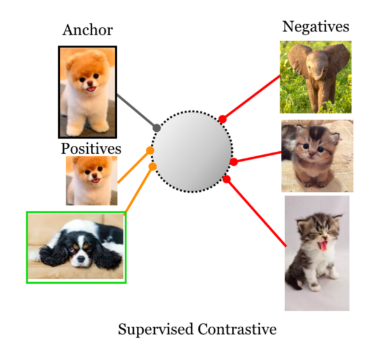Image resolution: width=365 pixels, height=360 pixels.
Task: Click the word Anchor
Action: coord(87,30)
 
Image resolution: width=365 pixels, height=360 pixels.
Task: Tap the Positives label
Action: coord(91,148)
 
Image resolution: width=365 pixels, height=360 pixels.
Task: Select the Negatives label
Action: coord(315,27)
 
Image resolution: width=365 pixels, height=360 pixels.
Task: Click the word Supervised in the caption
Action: coord(156,330)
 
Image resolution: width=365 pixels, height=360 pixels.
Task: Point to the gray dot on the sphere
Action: coord(157,128)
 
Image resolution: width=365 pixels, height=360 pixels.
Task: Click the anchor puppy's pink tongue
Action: coord(91,89)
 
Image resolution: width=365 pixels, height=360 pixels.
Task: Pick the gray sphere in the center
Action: coord(192,149)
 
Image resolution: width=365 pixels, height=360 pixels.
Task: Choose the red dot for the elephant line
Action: coord(222,119)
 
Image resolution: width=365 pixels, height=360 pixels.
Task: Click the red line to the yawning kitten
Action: coord(257,212)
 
